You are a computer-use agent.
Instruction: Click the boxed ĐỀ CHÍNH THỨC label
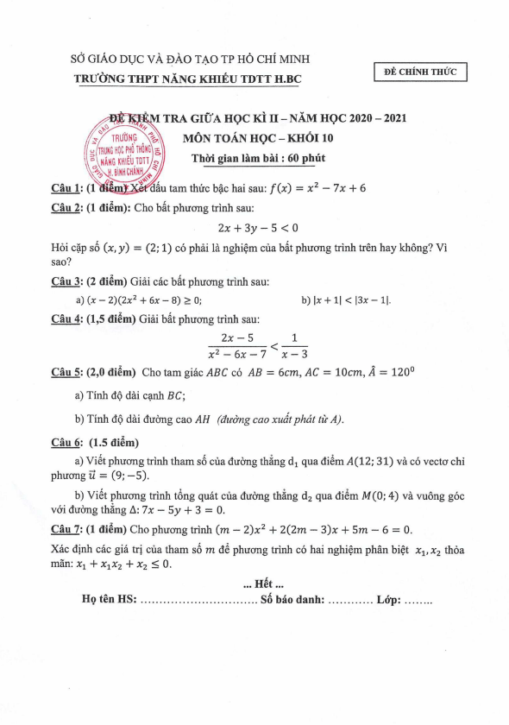(x=421, y=72)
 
